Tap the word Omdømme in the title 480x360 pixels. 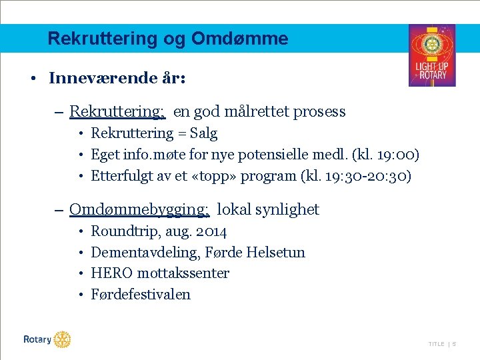click(x=239, y=39)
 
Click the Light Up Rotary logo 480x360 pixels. click(x=431, y=55)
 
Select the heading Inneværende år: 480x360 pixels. click(x=117, y=78)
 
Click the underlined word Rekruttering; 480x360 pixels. click(x=117, y=111)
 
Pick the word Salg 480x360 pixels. click(x=203, y=133)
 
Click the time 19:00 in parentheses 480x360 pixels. click(x=396, y=155)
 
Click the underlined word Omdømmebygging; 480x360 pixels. click(x=140, y=209)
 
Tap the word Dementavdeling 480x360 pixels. click(x=137, y=253)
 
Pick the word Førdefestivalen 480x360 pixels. click(x=141, y=295)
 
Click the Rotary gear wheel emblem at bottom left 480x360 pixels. click(x=62, y=339)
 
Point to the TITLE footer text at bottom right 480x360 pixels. click(x=436, y=344)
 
